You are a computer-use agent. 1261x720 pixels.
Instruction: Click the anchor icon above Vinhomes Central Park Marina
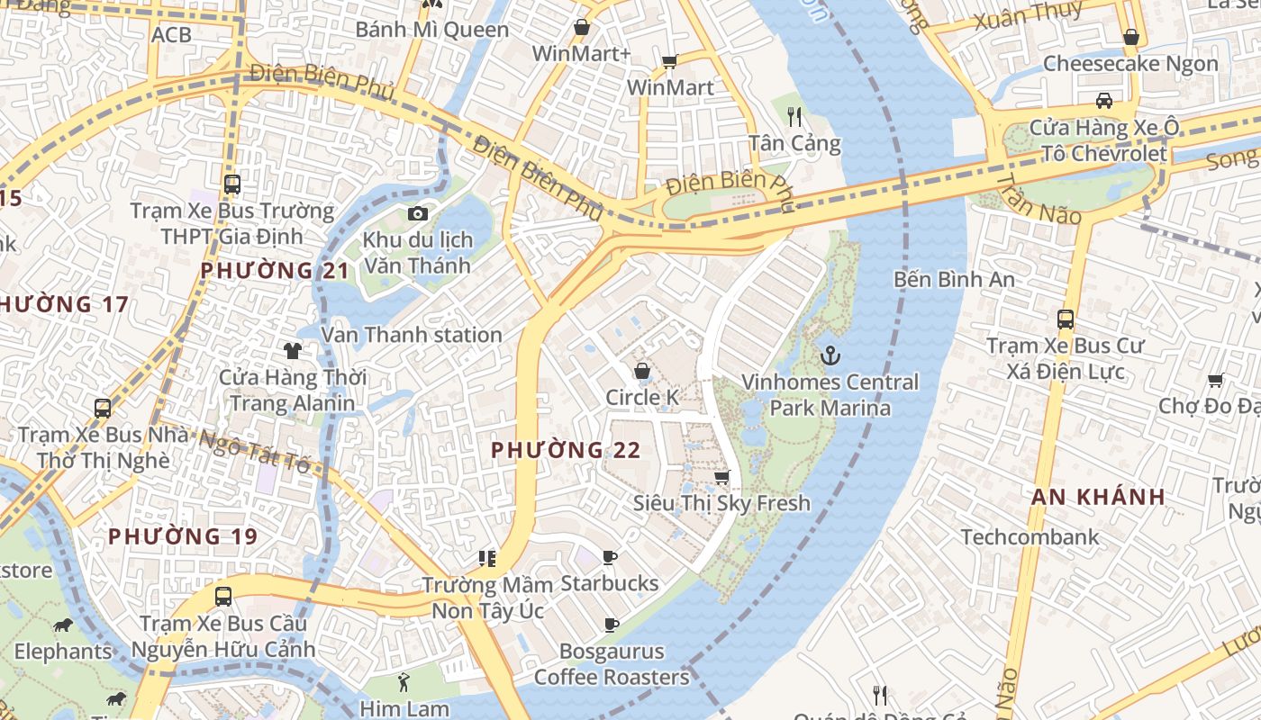point(830,355)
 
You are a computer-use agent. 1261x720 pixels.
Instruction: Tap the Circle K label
point(641,397)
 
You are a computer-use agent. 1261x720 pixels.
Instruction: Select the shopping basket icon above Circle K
point(642,371)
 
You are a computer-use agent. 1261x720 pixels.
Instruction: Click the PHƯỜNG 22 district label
point(566,450)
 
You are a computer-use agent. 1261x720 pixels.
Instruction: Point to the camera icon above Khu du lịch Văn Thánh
point(417,213)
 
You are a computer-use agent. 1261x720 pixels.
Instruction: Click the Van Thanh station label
point(412,335)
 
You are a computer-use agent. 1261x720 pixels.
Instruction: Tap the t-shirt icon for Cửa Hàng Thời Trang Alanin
point(292,350)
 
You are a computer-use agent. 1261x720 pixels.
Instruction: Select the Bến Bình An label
point(954,280)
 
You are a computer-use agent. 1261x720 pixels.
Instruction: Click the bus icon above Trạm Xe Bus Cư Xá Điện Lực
point(1065,319)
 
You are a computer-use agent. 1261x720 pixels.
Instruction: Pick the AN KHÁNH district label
point(1098,497)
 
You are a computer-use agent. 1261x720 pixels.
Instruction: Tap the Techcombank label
point(1030,537)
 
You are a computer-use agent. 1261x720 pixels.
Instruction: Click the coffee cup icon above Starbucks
point(610,557)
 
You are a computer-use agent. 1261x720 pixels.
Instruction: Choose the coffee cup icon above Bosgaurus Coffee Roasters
point(612,625)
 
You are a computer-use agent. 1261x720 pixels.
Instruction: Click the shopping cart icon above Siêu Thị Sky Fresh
point(721,477)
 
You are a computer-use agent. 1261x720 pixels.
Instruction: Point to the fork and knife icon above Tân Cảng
point(794,116)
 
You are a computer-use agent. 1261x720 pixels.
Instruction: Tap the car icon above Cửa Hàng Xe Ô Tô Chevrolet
point(1103,100)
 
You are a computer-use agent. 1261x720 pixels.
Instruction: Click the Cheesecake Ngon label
point(1130,64)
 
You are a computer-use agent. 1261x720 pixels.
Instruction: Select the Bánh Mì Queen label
point(432,30)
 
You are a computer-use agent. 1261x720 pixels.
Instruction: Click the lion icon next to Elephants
point(62,625)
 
